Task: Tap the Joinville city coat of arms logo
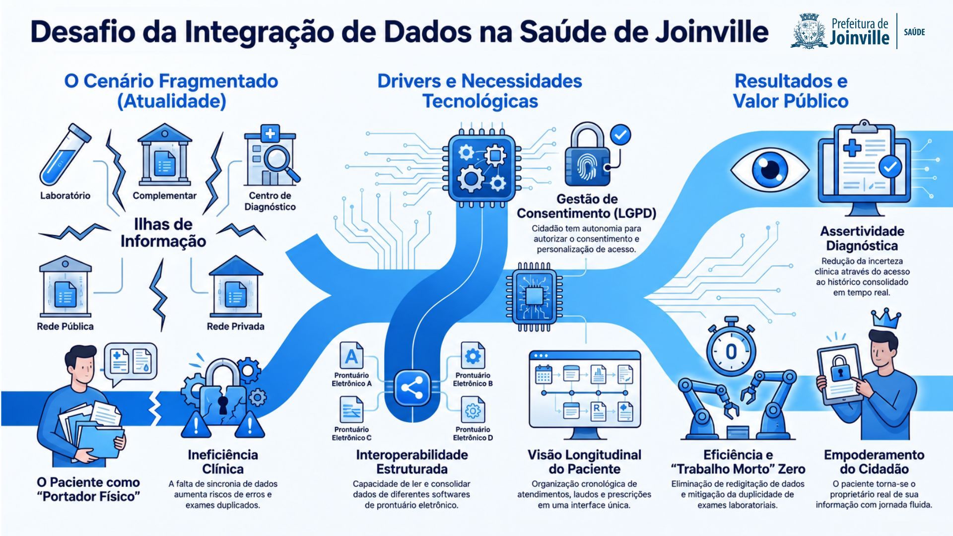point(809,31)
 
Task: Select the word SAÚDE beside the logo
point(914,32)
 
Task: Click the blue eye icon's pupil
point(770,168)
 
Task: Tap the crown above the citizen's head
point(886,318)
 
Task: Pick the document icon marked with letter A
point(351,356)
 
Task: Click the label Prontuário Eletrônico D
point(473,433)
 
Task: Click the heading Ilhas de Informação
point(163,233)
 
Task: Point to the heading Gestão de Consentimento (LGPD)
point(586,206)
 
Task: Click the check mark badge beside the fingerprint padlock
point(620,134)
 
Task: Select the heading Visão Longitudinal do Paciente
point(584,462)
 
